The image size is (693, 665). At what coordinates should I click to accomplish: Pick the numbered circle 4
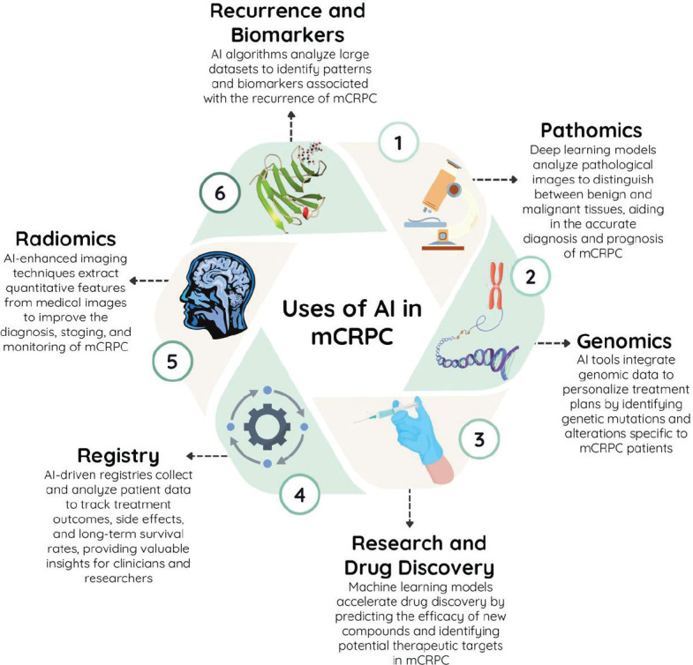[x=300, y=495]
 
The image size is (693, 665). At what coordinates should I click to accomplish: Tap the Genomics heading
[x=624, y=341]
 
